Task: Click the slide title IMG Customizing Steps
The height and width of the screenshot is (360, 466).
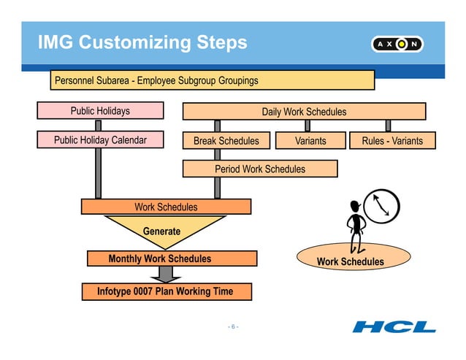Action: [x=143, y=43]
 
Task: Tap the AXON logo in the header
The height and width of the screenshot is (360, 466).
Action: [x=399, y=44]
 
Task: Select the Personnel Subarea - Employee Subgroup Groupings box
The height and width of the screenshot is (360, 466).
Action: [x=213, y=80]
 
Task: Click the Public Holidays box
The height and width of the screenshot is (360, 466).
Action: [x=100, y=111]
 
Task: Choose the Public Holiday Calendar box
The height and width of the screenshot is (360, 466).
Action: [x=100, y=140]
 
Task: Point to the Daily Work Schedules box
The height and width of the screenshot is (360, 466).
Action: [x=304, y=111]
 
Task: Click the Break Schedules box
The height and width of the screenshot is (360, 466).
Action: [x=226, y=140]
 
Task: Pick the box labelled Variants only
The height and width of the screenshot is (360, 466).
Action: [x=310, y=140]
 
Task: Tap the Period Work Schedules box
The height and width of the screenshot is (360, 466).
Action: [x=260, y=169]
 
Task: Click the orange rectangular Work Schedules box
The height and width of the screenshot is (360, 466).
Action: [x=166, y=207]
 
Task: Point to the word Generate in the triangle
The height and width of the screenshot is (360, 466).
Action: [x=161, y=231]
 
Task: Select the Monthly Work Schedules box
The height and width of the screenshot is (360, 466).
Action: [x=172, y=258]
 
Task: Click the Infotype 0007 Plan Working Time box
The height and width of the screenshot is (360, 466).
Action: [x=166, y=291]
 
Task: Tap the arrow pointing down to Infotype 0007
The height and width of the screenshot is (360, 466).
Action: [x=166, y=274]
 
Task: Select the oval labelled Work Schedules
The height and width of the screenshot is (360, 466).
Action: [x=350, y=261]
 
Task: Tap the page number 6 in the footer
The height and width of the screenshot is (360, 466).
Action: [x=233, y=326]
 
